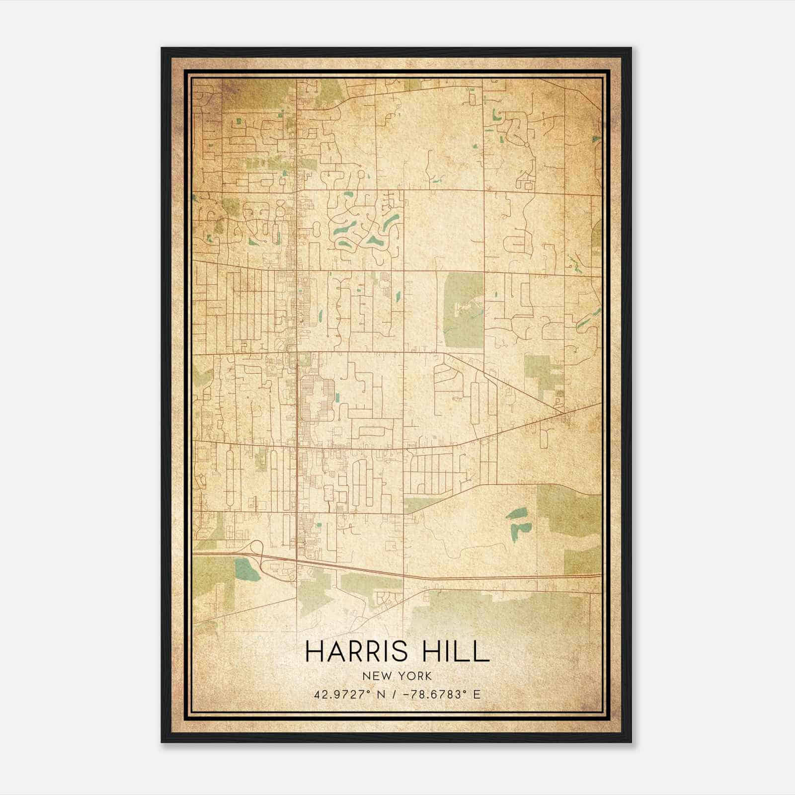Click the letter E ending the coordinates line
tap(477, 694)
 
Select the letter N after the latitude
tap(382, 694)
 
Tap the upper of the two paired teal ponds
tap(517, 513)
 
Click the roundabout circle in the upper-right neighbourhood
tap(526, 145)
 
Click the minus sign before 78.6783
tap(405, 694)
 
